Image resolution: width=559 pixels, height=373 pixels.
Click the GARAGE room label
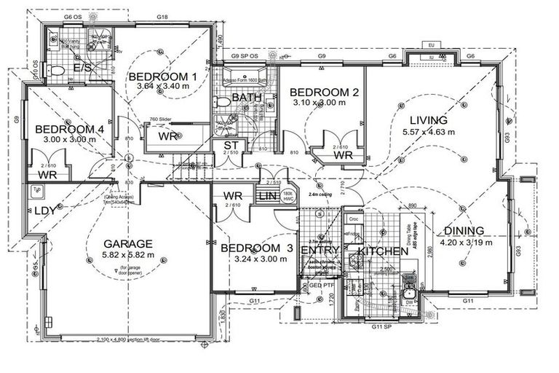(x=127, y=243)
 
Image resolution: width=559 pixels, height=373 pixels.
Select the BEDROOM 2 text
(x=324, y=93)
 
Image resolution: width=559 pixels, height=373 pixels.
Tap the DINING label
(x=468, y=232)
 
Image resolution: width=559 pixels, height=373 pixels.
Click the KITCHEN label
(x=383, y=251)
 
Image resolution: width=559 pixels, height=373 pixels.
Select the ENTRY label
(x=320, y=251)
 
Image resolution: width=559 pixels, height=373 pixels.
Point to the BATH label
(x=242, y=97)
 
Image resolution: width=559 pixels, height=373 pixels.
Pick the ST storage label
(x=231, y=147)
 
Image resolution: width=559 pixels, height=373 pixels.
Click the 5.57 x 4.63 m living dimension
(x=428, y=132)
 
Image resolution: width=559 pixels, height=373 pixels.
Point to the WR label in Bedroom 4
(x=47, y=175)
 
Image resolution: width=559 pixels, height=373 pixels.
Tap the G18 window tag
(x=162, y=16)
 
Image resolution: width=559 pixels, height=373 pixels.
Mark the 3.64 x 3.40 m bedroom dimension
(x=162, y=87)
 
